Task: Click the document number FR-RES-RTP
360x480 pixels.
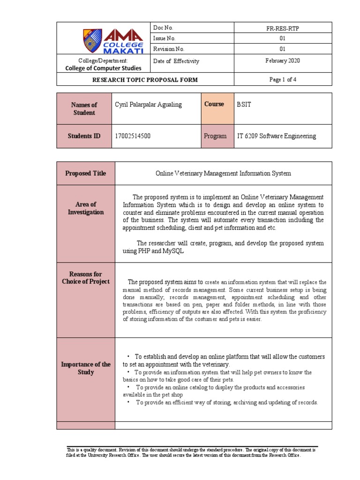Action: click(283, 29)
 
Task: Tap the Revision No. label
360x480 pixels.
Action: click(169, 49)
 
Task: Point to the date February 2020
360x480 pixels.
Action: click(283, 61)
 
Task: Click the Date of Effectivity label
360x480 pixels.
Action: click(176, 61)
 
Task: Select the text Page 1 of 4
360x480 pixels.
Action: click(283, 80)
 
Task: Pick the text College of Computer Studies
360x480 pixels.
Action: click(103, 68)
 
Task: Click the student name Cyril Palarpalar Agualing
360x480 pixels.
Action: click(149, 105)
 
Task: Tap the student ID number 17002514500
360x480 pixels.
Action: click(133, 136)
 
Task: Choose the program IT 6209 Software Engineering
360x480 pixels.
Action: click(277, 136)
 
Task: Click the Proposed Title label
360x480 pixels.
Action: click(85, 173)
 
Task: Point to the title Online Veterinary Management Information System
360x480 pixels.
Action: click(223, 173)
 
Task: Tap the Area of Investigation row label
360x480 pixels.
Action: click(85, 208)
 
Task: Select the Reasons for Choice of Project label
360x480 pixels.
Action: click(85, 277)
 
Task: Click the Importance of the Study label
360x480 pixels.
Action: click(85, 368)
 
